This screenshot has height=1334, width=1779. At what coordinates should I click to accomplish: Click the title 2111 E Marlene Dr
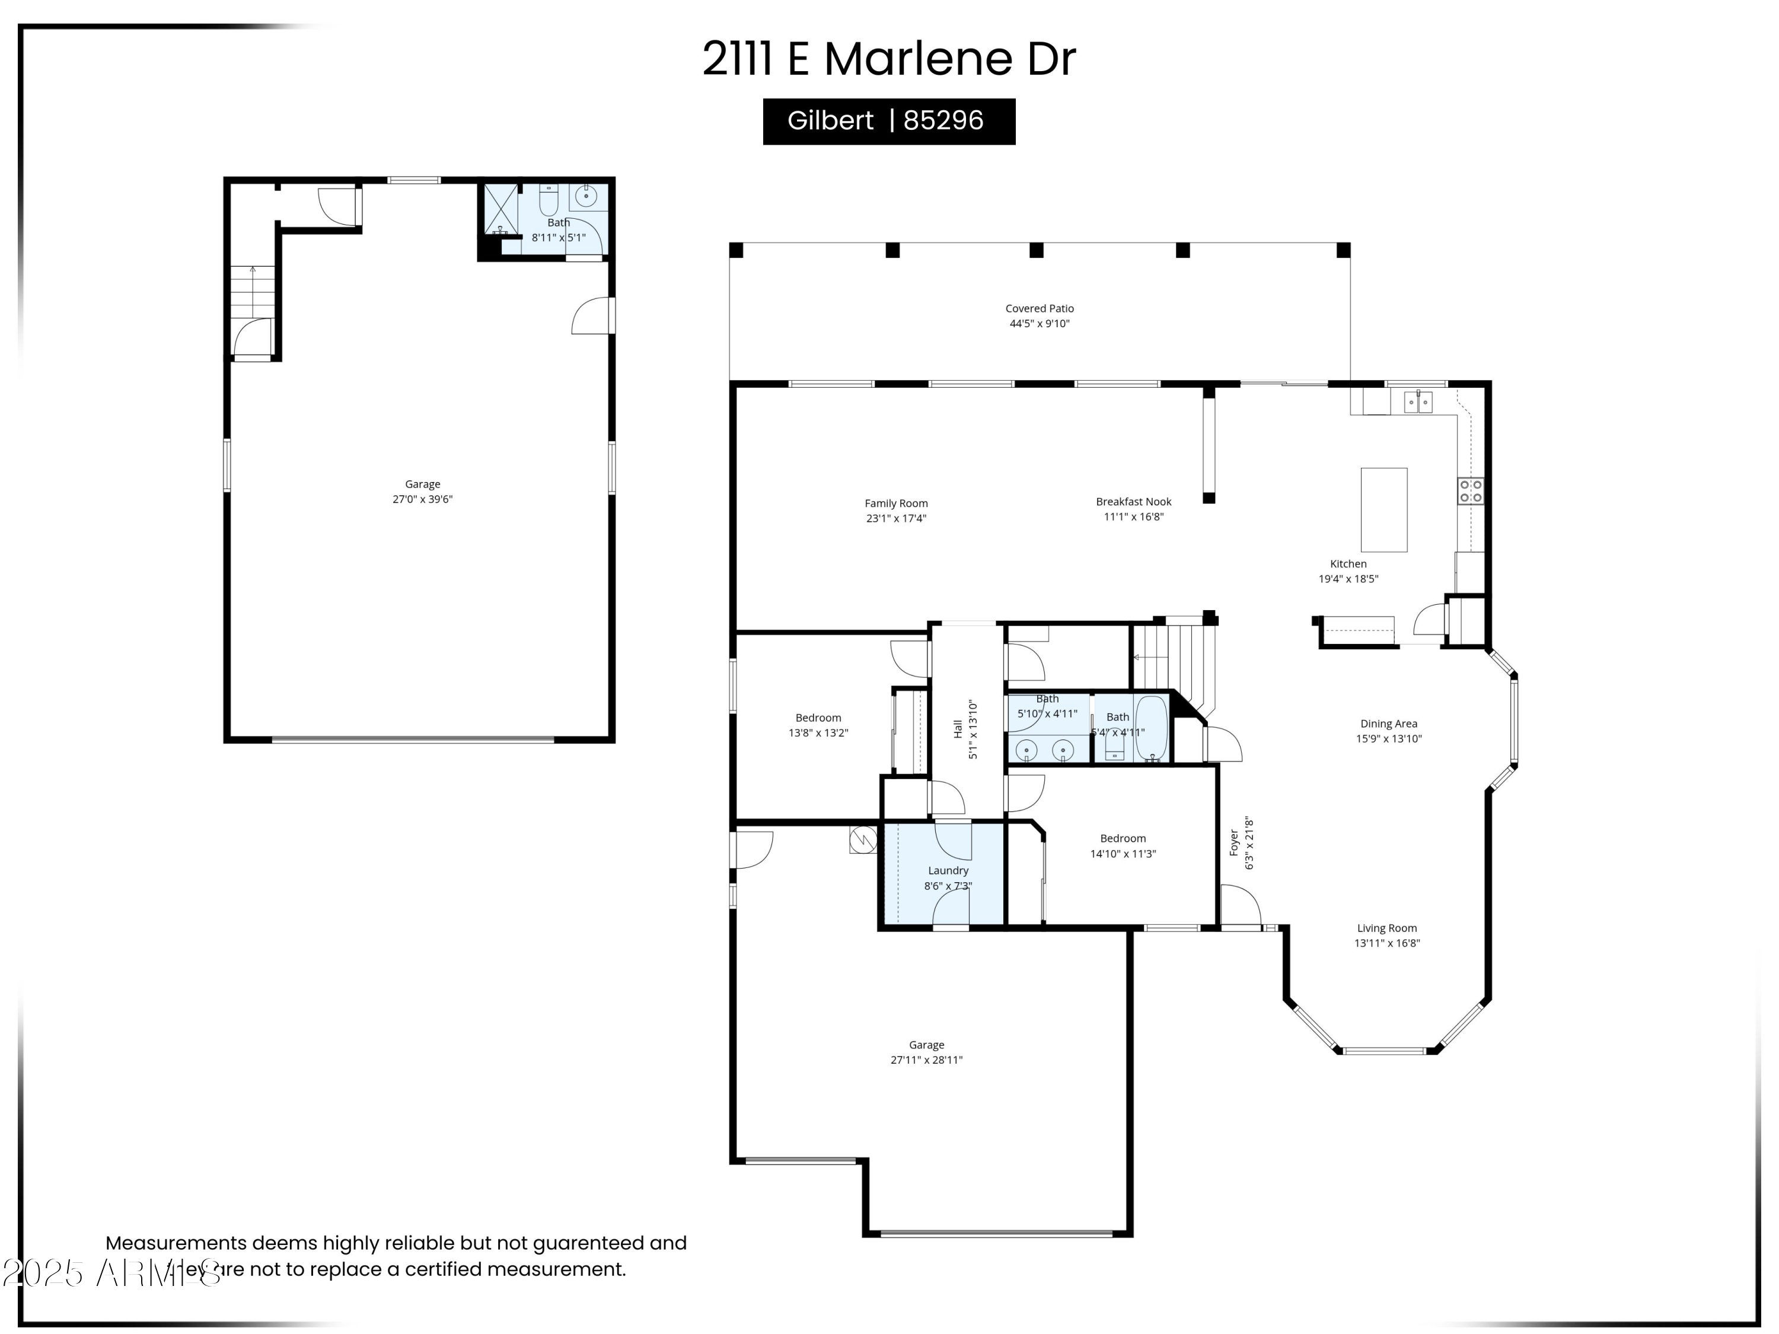coord(889,59)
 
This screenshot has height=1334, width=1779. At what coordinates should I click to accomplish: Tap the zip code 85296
coord(943,120)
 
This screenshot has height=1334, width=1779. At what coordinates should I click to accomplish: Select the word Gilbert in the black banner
coord(830,120)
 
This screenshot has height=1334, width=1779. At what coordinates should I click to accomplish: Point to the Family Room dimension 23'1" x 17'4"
coord(896,519)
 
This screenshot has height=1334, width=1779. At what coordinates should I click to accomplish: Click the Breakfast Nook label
coord(1133,502)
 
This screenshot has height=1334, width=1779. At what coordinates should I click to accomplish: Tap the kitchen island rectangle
coord(1383,510)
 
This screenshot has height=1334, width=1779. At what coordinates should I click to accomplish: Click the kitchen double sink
coord(1417,401)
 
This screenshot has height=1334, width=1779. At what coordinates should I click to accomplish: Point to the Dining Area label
coord(1388,724)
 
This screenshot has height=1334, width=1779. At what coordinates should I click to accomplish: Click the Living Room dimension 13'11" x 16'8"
coord(1386,943)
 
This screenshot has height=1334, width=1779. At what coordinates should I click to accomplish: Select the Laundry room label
coord(948,871)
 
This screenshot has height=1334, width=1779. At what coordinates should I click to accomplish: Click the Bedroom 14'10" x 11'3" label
coord(1123,839)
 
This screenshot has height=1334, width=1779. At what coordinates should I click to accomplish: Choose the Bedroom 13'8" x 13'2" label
coord(818,718)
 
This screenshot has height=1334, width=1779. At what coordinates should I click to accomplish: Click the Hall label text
coord(958,729)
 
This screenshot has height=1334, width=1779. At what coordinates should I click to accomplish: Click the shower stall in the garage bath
coord(499,209)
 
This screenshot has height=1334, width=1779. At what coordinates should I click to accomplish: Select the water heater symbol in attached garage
coord(863,840)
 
